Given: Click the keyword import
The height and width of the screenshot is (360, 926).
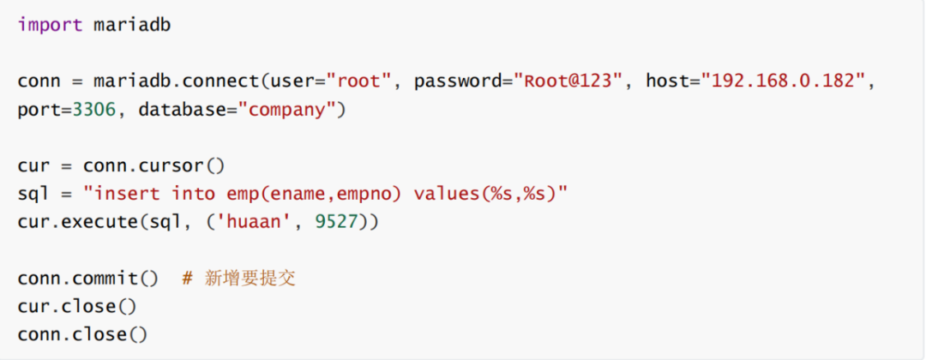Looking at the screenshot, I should [x=50, y=25].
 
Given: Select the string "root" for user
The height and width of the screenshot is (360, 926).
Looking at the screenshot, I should [x=361, y=82].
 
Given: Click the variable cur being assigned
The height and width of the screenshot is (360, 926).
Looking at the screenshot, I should [x=33, y=165].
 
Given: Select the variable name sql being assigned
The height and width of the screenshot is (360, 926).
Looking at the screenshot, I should [x=33, y=194].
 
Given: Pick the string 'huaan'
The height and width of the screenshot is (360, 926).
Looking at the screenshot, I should [x=256, y=222].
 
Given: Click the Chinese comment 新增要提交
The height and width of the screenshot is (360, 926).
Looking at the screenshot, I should [x=250, y=279].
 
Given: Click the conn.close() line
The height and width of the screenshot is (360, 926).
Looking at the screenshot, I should [x=82, y=334].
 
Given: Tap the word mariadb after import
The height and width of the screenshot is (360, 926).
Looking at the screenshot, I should [x=132, y=25].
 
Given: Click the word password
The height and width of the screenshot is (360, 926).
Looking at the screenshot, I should [x=459, y=82].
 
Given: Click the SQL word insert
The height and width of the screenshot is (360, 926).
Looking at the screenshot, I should [x=127, y=194].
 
